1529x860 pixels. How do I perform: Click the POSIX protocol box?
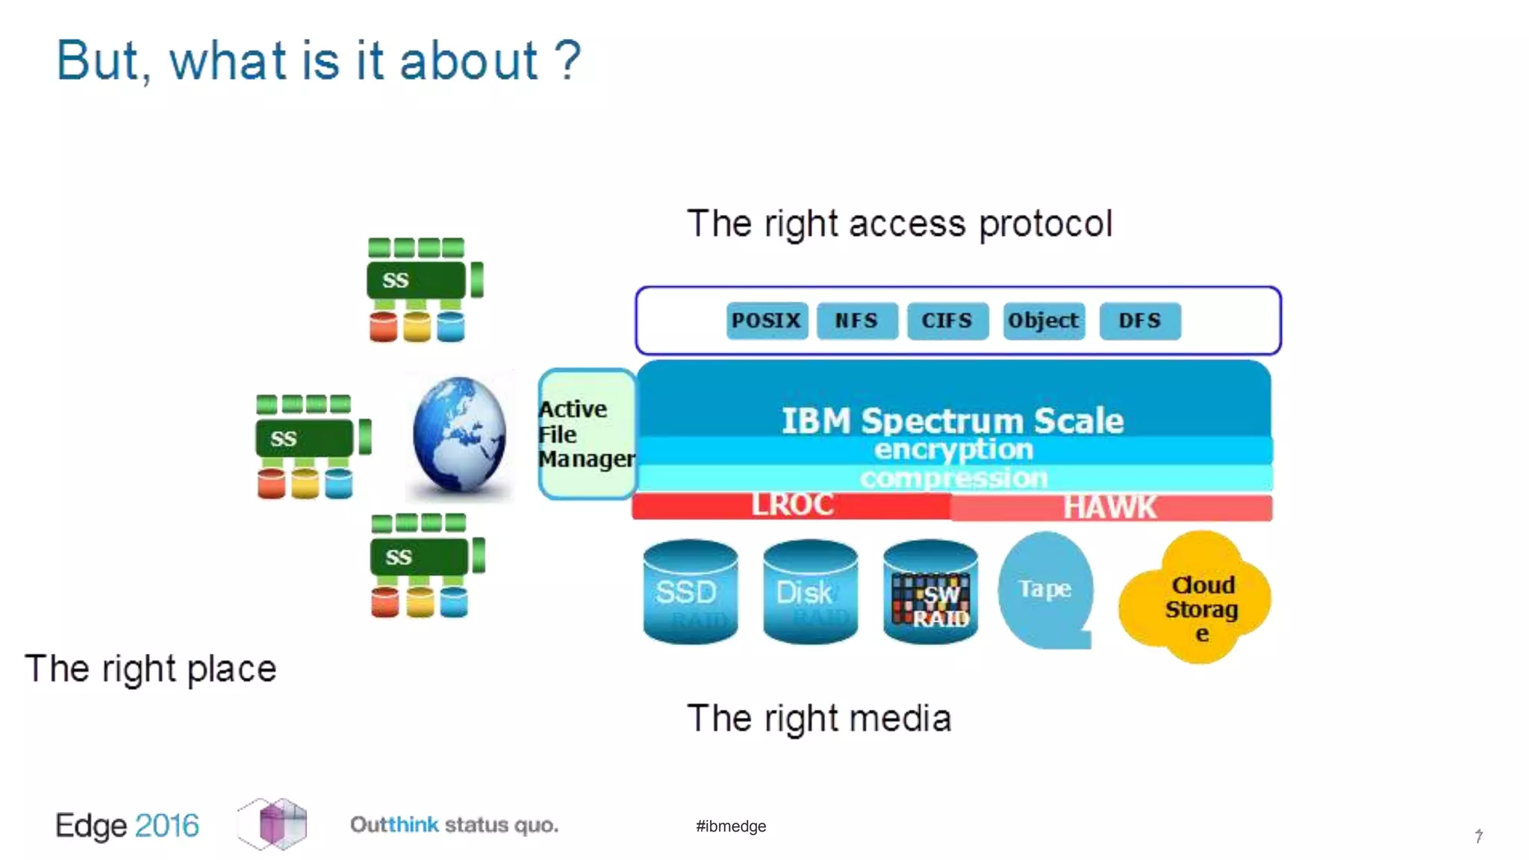(767, 321)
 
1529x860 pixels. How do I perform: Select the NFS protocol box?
(857, 321)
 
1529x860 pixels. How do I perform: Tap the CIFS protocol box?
(947, 321)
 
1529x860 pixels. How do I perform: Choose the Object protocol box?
(1043, 321)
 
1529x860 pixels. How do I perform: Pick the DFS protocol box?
(1139, 321)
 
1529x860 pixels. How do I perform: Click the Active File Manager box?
(587, 434)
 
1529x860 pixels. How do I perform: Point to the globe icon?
(459, 434)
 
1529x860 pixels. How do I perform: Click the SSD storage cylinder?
(690, 591)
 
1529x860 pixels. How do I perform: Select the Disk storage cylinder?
(810, 591)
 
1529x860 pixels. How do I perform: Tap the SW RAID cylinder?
(930, 591)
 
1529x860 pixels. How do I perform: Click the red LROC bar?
(791, 505)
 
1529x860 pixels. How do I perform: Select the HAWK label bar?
(1110, 508)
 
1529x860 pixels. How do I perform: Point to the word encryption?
(953, 449)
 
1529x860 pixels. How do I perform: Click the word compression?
(953, 478)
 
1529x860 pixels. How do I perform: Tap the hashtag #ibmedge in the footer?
(731, 826)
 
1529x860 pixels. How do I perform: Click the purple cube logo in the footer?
(273, 823)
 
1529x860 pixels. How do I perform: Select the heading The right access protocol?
(899, 224)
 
